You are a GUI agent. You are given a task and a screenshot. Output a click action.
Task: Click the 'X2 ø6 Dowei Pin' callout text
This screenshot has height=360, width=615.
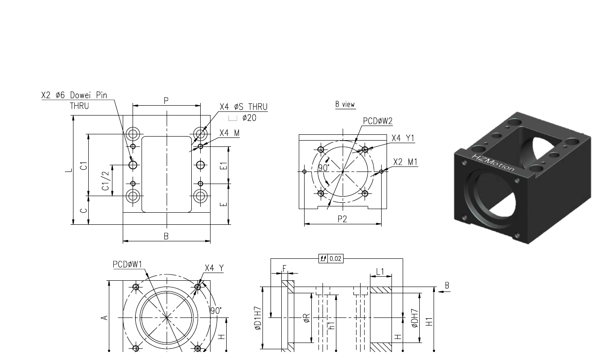74,95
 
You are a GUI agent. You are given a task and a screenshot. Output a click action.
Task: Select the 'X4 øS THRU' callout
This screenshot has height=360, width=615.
244,107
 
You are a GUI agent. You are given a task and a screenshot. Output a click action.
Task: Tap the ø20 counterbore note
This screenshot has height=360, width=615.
249,118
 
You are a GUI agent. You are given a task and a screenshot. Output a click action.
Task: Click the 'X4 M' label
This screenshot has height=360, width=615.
229,133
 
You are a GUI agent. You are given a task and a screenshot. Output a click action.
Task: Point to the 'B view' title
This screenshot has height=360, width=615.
345,104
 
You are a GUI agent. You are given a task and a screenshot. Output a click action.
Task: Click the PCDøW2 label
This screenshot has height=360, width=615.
378,121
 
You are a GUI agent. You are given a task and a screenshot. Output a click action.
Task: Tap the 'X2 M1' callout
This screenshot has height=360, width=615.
405,162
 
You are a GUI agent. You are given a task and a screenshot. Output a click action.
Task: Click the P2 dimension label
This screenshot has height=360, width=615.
342,219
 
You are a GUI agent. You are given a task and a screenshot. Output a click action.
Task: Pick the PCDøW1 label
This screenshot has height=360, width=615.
127,265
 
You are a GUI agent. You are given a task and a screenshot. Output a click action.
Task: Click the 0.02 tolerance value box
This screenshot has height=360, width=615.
335,259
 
